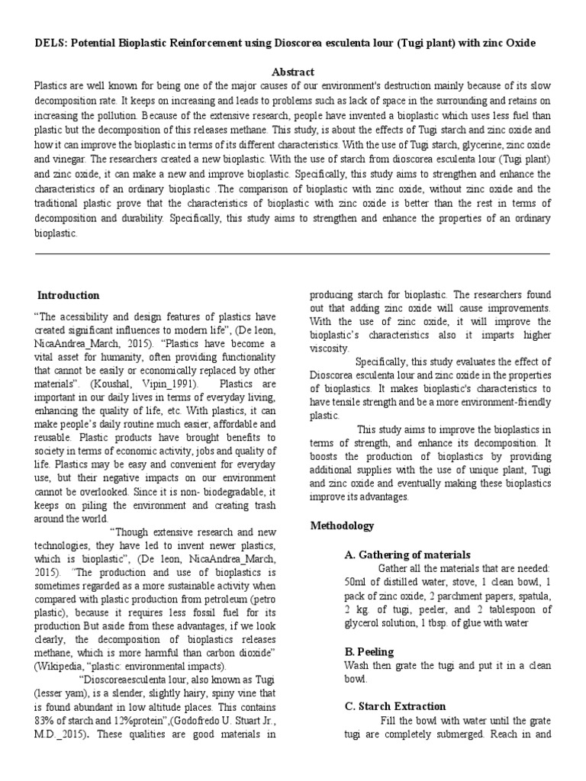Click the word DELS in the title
point(50,43)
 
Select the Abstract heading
point(294,72)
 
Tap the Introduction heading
point(69,295)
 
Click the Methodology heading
point(343,526)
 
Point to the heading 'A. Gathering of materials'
point(407,554)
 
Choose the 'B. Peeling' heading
point(369,651)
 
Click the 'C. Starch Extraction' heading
point(395,706)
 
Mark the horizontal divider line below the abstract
point(293,254)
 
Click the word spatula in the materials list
point(528,596)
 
